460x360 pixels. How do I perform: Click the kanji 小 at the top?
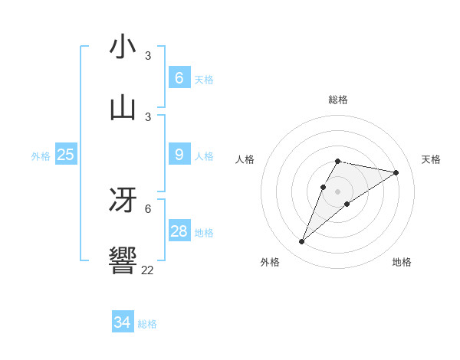click(x=123, y=47)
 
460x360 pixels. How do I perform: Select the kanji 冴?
click(x=123, y=200)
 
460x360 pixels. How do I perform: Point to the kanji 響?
click(x=123, y=260)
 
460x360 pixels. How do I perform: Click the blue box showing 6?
click(x=179, y=77)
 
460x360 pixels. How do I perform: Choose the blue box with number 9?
click(x=179, y=155)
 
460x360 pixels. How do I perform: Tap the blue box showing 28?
click(x=179, y=231)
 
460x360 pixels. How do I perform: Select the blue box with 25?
click(x=65, y=155)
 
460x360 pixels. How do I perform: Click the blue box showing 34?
click(x=122, y=322)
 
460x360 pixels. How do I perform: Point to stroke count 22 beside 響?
click(x=147, y=270)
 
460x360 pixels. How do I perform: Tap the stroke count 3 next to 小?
click(x=148, y=56)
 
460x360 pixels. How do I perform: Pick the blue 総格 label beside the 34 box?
click(x=147, y=324)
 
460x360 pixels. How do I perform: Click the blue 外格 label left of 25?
click(x=41, y=156)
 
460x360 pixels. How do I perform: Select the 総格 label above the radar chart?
click(x=337, y=100)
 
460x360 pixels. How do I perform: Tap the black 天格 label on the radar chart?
click(x=431, y=159)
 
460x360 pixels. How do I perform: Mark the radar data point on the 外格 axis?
click(x=302, y=242)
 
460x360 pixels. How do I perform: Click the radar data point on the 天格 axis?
click(x=396, y=173)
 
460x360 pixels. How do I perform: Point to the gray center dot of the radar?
click(x=337, y=191)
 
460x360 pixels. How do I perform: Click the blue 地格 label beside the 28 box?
click(x=204, y=233)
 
